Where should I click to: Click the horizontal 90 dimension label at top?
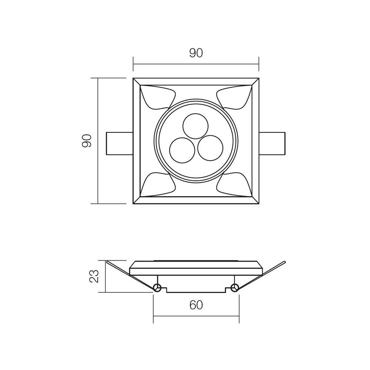(x=196, y=53)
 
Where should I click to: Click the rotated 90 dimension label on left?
(x=87, y=141)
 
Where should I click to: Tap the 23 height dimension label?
(x=94, y=276)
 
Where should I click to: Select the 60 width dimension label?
(x=196, y=305)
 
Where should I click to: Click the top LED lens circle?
(x=196, y=126)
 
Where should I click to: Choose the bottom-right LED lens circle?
(x=211, y=148)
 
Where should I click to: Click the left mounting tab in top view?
(x=119, y=143)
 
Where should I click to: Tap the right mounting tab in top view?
(x=272, y=143)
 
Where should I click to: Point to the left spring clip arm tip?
(x=107, y=262)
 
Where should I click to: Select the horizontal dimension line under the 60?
(x=196, y=316)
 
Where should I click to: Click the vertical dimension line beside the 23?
(x=105, y=276)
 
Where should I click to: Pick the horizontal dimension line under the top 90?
(x=196, y=64)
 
